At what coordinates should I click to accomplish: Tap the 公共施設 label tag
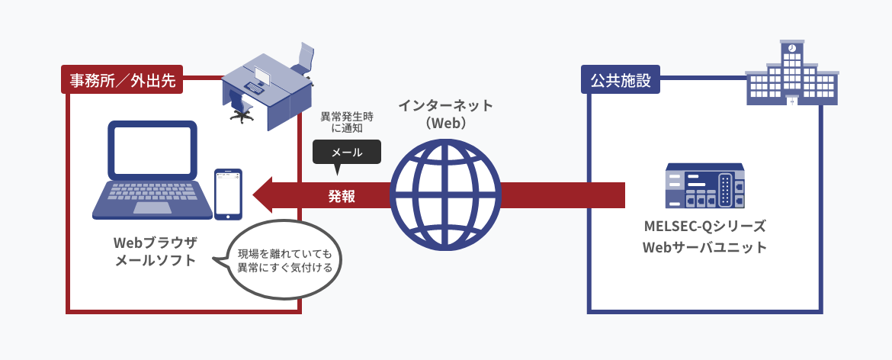click(x=621, y=79)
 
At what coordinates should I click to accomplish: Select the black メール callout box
click(x=346, y=152)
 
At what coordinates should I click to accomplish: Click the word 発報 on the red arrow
click(x=342, y=196)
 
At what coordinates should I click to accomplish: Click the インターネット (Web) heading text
click(x=445, y=113)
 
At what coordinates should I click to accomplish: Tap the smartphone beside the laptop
click(x=228, y=194)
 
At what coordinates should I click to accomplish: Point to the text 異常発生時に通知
click(x=346, y=122)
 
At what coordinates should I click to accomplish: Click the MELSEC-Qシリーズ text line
click(x=704, y=227)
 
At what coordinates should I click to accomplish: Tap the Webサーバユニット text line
click(x=704, y=248)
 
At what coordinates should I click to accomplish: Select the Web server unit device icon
click(x=704, y=186)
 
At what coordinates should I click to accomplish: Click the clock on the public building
click(x=792, y=48)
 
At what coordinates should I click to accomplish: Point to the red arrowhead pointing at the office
click(x=265, y=196)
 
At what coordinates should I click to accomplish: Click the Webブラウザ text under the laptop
click(x=155, y=243)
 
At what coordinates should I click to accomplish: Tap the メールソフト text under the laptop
click(x=155, y=261)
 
